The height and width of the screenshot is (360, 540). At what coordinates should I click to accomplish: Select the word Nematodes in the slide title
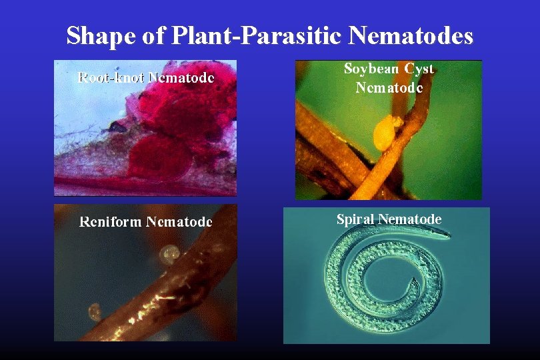(x=411, y=35)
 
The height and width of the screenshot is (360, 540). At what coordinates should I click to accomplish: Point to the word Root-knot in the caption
(x=111, y=77)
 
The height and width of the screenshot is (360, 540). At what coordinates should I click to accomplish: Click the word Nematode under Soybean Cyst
(x=389, y=87)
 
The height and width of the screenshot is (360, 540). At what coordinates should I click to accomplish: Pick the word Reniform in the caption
(x=111, y=221)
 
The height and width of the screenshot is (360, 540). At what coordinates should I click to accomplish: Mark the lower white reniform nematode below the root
(x=95, y=311)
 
